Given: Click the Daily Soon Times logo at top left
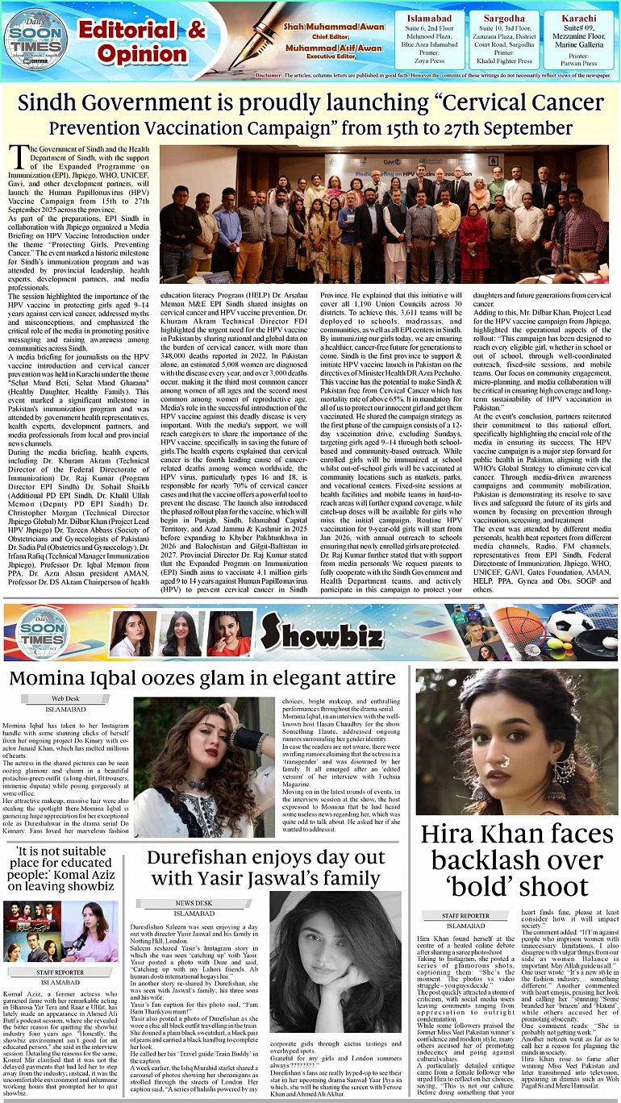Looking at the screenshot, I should point(35,37).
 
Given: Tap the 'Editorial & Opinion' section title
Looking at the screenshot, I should point(142,40).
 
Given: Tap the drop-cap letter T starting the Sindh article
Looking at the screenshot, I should point(18,160).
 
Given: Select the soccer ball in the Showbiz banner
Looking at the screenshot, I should point(569,623).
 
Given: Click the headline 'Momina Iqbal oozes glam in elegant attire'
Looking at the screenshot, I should point(202,677).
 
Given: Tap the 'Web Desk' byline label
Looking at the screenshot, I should point(65,698).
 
